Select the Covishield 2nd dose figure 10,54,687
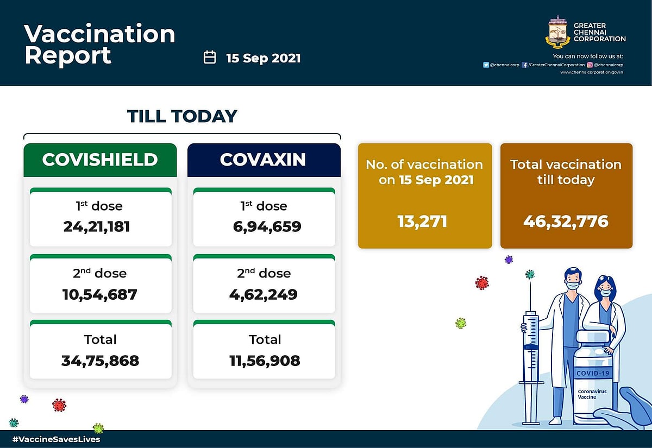click(101, 294)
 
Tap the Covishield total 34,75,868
click(101, 360)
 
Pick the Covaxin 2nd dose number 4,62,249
click(264, 294)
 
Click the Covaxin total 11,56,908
click(264, 360)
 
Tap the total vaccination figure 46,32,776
click(566, 221)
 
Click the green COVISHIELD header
click(100, 160)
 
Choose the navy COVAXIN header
click(264, 160)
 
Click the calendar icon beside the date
click(210, 58)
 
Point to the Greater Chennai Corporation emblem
click(557, 33)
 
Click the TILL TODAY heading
click(182, 116)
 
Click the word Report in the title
click(68, 56)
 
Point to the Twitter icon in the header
click(486, 65)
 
